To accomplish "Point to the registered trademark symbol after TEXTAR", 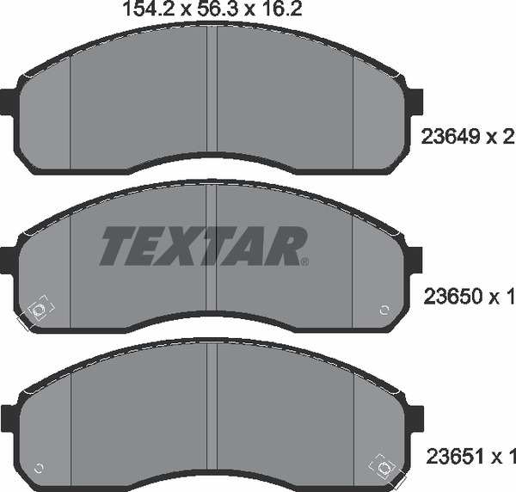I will (x=304, y=261).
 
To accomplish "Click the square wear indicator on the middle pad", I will (x=38, y=311).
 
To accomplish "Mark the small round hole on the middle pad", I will (x=383, y=310).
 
